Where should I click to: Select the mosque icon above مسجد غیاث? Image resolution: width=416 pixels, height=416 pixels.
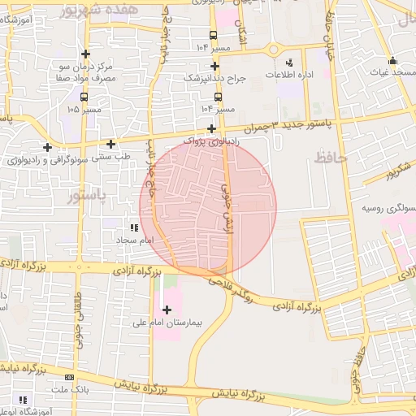coord(392,60)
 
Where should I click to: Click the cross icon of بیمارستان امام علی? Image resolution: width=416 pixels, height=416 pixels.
coord(167,309)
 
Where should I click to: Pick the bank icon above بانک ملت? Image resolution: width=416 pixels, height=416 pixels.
coord(69,378)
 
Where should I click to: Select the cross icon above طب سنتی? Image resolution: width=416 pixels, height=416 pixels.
coord(110,144)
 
